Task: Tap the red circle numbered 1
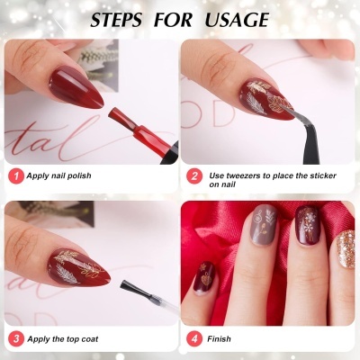click(x=14, y=176)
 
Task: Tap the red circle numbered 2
click(x=193, y=176)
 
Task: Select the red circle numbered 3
click(x=14, y=339)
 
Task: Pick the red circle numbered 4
click(x=193, y=339)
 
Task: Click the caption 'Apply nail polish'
click(x=62, y=176)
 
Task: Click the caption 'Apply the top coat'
click(x=65, y=339)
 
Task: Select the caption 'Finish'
click(x=220, y=339)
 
